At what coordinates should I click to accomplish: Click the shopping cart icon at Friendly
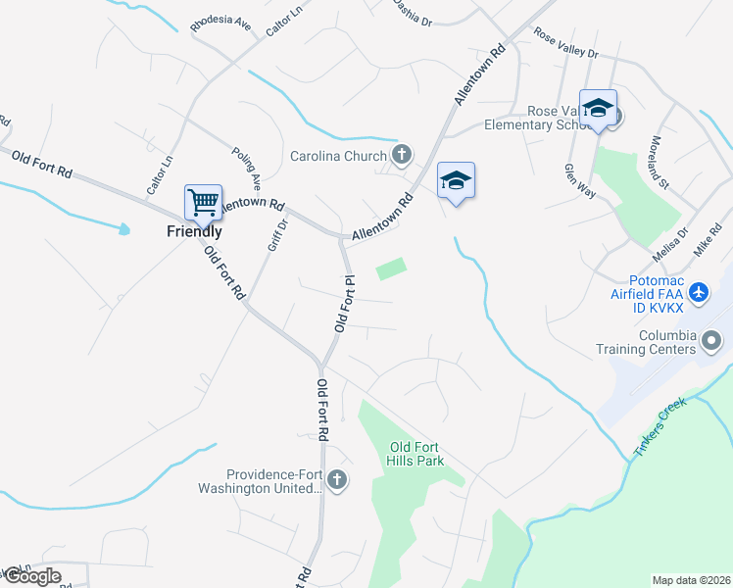[203, 203]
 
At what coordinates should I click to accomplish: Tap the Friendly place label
[193, 232]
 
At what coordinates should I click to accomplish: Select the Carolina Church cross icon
[401, 155]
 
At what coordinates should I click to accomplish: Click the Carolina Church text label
[338, 156]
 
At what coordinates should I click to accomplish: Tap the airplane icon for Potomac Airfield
[698, 292]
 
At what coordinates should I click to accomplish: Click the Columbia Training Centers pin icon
[711, 341]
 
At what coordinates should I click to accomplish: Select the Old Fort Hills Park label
[416, 455]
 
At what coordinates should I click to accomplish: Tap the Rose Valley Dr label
[565, 44]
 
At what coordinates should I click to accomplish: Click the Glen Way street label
[579, 181]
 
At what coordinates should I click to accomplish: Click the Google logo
[31, 576]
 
